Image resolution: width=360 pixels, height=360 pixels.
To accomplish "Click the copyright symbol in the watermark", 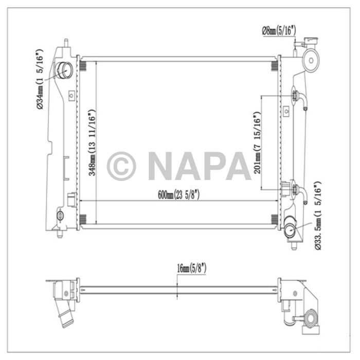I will pyautogui.click(x=121, y=166).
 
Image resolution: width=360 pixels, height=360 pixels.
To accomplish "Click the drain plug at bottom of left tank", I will pyautogui.click(x=61, y=217).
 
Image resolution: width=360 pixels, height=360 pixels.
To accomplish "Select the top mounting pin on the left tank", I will pyautogui.click(x=66, y=42).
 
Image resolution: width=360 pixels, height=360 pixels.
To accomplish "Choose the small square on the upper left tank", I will pyautogui.click(x=71, y=94).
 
